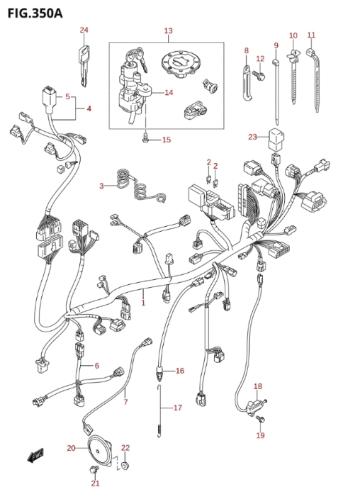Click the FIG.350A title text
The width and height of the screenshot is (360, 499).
coord(35,13)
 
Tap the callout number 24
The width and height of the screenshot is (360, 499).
coord(84,30)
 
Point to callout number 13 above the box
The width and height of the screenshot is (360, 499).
coord(169,31)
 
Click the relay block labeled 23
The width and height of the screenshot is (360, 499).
coord(276,139)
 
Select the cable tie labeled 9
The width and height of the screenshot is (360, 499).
coord(276,91)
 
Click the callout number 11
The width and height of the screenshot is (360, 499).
coord(311,35)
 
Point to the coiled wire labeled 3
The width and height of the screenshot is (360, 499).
coord(140,186)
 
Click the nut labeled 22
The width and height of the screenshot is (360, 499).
coord(125,466)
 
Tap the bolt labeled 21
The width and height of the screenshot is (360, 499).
coord(94,469)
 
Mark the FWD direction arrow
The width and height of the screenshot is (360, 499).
coord(35,455)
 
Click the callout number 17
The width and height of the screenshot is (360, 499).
coord(178,408)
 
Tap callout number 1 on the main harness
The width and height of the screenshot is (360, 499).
coord(143,303)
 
